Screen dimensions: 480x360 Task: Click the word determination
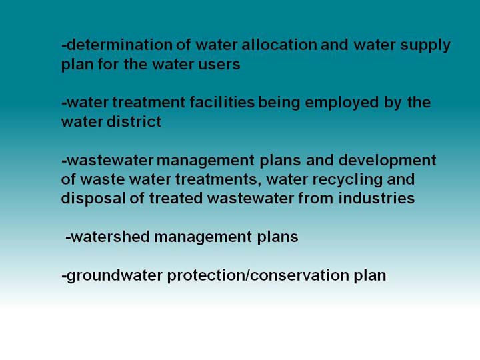[120, 45]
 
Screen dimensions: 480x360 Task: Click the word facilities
[222, 102]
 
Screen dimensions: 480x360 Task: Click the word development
[387, 161]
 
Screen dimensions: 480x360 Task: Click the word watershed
[110, 237]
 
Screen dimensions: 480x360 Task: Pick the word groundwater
[114, 276]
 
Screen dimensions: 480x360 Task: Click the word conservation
[300, 275]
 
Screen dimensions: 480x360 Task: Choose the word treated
[176, 199]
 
